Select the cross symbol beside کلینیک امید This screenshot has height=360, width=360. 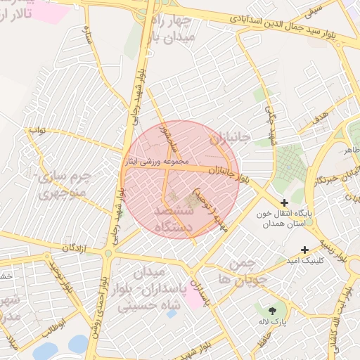(x=304, y=250)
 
